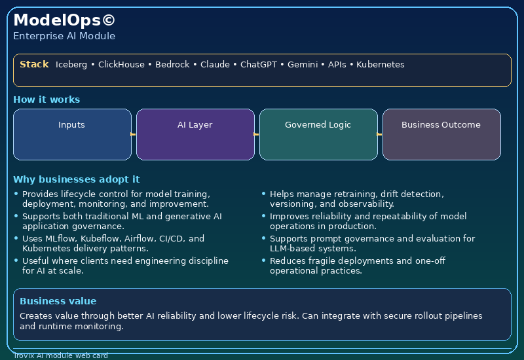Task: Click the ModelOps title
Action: (64, 20)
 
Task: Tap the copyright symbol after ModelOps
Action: (108, 20)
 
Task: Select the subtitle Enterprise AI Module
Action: (64, 36)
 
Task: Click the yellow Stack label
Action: (34, 64)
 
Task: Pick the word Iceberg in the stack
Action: (71, 65)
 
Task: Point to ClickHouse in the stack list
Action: (121, 64)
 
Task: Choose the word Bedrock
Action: (172, 64)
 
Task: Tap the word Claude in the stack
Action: (215, 64)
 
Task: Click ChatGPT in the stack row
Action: (259, 64)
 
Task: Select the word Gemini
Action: (303, 64)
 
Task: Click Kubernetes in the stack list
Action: (381, 64)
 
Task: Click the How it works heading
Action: (47, 99)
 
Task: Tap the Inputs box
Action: (72, 134)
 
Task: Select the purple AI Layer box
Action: (195, 134)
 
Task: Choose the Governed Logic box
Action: (318, 134)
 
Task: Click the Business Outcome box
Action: (441, 134)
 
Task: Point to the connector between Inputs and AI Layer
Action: (133, 134)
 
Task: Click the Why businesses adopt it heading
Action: (77, 179)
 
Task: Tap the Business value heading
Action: (58, 301)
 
